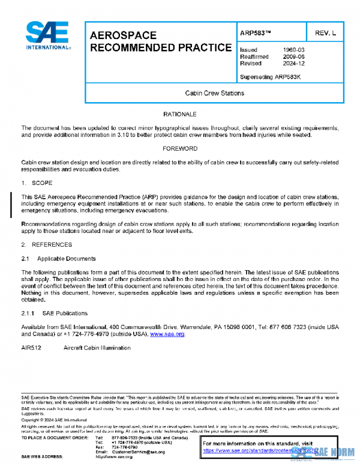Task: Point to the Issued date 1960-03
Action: (x=293, y=49)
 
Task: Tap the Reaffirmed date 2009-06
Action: (x=293, y=56)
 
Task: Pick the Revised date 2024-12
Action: (x=293, y=63)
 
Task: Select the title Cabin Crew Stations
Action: (x=214, y=93)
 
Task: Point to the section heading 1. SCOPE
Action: (x=38, y=182)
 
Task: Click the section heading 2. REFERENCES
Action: (x=47, y=244)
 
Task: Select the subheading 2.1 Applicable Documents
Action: (x=58, y=258)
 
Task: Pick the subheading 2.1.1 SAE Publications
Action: (x=55, y=313)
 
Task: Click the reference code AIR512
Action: (x=31, y=348)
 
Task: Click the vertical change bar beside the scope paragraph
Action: (x=11, y=203)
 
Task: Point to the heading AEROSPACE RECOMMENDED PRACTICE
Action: (x=160, y=41)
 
